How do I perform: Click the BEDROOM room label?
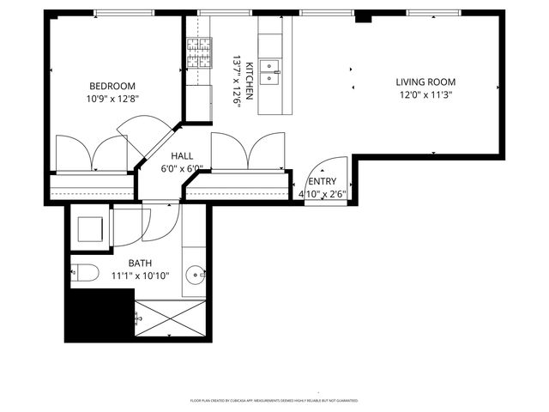(112, 86)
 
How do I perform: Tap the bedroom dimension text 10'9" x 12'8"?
(112, 99)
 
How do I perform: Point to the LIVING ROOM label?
(425, 82)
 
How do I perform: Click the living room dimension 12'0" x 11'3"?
(425, 95)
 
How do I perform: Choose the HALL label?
(181, 156)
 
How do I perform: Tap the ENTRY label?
(323, 181)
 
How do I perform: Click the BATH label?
(140, 264)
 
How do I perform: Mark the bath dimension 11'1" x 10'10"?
(140, 276)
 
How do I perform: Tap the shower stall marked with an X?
(170, 318)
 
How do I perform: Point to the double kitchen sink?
(270, 70)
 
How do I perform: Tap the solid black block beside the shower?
(100, 314)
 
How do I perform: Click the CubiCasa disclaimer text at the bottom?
(274, 401)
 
